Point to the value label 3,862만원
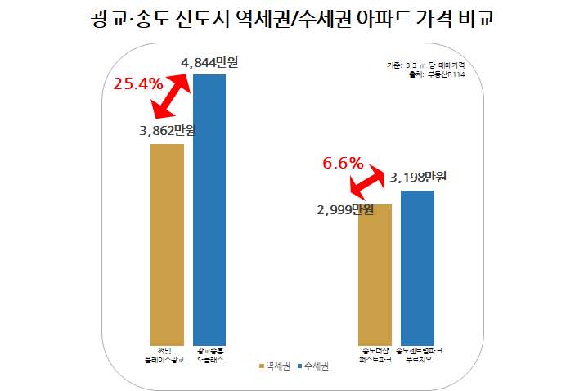coord(168,131)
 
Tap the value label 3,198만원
coord(419,177)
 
